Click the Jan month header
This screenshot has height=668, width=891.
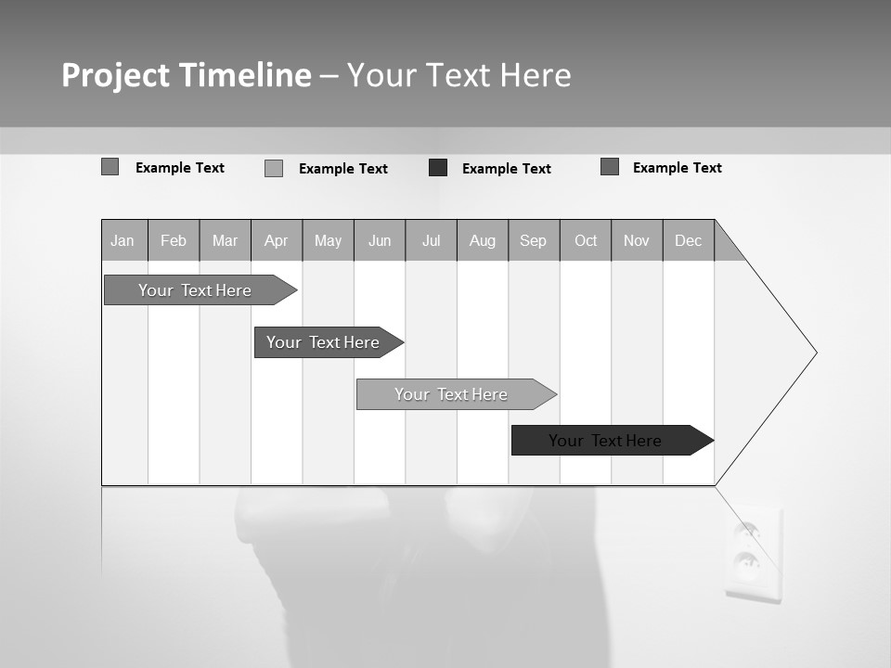pos(123,240)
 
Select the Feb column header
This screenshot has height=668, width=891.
pos(174,240)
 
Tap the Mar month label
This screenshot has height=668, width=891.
pos(225,240)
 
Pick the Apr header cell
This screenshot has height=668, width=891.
pos(277,240)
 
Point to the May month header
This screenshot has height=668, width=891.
pos(328,240)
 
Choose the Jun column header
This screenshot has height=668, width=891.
pos(380,240)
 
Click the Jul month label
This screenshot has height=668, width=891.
pos(431,240)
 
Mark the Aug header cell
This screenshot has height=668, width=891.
pos(483,240)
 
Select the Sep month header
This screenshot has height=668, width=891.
pos(534,240)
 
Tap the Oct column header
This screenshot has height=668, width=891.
pos(586,240)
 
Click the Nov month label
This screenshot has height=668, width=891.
pos(637,240)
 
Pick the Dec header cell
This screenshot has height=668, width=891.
pos(689,240)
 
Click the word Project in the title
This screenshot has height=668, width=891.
pos(115,75)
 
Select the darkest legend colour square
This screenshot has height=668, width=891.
pos(438,168)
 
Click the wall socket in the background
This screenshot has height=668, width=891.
pos(753,553)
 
